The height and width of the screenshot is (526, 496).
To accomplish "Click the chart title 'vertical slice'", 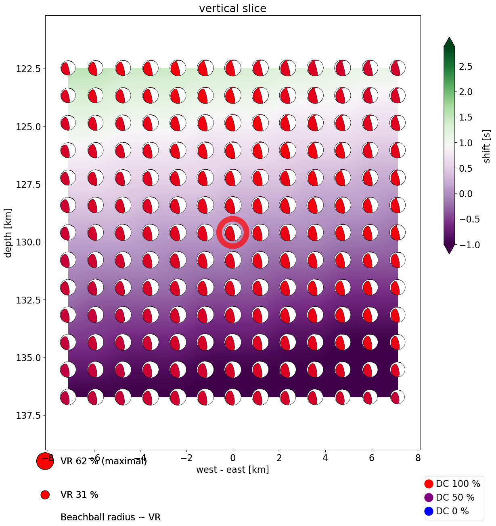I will coord(232,8).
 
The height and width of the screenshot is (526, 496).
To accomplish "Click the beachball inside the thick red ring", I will coord(232,233).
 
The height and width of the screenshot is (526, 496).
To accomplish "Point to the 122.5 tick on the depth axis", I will coord(29,69).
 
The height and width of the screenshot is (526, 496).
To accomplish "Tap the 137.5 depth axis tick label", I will coord(29,415).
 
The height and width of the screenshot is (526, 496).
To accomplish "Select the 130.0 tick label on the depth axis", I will coord(29,242).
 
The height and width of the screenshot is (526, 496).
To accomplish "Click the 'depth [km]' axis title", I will coord(8,233).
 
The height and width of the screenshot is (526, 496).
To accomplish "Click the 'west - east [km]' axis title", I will coord(232,470).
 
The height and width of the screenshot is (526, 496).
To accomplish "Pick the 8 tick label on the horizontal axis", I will coord(418,458).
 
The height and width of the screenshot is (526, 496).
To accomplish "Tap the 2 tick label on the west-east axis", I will coord(279,458).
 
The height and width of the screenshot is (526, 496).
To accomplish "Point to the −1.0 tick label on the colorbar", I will coord(470,245).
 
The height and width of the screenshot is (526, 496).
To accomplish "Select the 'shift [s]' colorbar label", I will coord(487,146).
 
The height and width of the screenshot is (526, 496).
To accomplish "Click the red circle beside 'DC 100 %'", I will coord(429,484).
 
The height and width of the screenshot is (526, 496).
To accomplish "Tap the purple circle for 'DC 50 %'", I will coord(429,497).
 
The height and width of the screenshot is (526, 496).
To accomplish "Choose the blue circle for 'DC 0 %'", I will coord(429,511).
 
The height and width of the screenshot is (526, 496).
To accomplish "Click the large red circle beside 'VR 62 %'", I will coord(45,461).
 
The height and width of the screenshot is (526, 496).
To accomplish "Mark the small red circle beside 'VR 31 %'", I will coord(45,495).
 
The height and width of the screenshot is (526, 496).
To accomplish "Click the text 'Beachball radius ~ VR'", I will coord(111,517).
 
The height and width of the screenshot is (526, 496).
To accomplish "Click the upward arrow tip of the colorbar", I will coord(449,39).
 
